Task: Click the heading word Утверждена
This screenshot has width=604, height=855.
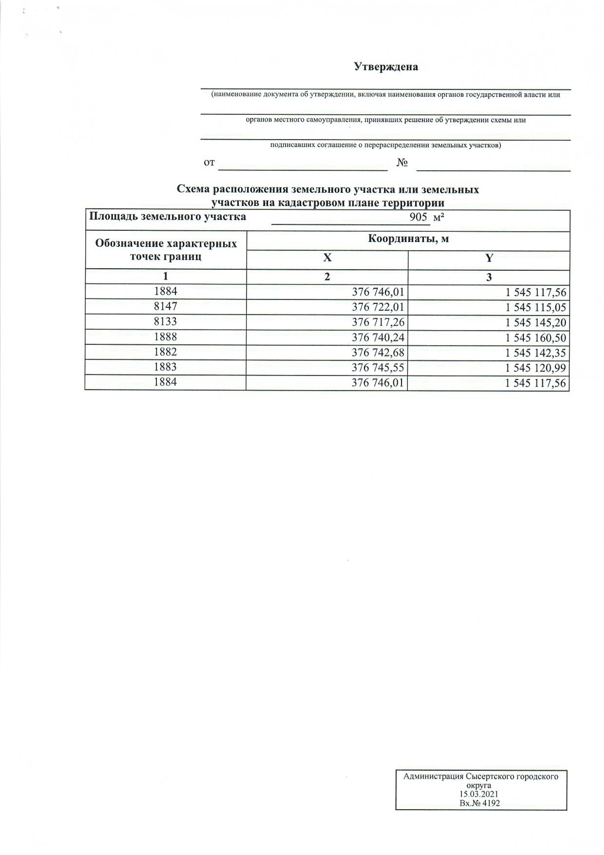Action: (386, 67)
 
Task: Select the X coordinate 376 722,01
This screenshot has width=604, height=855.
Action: (378, 307)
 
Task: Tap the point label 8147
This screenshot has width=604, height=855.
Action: (166, 306)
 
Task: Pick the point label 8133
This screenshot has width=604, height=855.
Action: (166, 322)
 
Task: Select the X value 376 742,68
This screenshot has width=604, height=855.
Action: (378, 353)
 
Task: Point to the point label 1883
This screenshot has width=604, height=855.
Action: (166, 367)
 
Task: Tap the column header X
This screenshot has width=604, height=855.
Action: (327, 258)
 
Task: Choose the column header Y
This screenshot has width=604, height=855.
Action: (489, 258)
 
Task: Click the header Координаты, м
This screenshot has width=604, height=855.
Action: (408, 239)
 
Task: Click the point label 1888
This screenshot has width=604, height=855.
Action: (166, 337)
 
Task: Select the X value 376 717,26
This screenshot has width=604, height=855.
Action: (378, 322)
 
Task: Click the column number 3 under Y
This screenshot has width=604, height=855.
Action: (489, 277)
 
